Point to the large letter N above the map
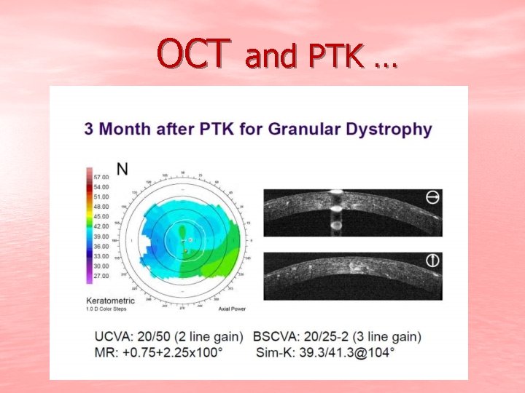click(122, 169)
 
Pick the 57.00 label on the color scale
click(100, 177)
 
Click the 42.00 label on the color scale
click(100, 226)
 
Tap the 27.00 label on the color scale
click(100, 276)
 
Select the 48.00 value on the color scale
click(100, 207)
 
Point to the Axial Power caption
click(230, 309)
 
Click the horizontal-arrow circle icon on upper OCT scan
click(432, 197)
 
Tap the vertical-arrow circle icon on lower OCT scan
click(432, 261)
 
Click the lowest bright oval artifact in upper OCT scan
click(336, 226)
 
